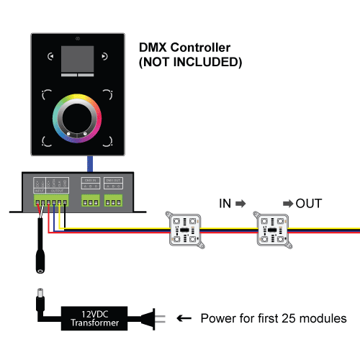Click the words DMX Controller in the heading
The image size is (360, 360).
pos(184,48)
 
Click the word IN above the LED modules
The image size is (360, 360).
pos(225,204)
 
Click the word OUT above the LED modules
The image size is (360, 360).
pos(310,204)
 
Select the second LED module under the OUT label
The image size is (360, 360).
pos(274,230)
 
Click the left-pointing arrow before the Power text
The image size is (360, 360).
pos(184,318)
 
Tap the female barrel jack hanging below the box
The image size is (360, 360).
pos(38,259)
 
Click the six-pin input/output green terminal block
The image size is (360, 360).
pos(50,202)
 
